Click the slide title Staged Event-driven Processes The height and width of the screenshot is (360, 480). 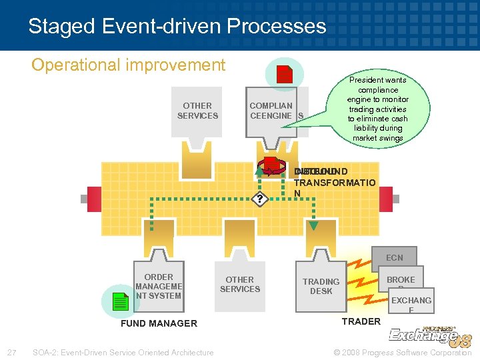click(177, 26)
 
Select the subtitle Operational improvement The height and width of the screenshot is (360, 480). click(129, 65)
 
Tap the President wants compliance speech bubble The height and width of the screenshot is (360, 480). click(377, 109)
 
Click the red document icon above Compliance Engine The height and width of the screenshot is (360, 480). click(285, 74)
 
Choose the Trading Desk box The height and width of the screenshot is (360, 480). click(321, 286)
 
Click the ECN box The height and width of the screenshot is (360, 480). click(394, 257)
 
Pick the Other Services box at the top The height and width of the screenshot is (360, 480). click(197, 111)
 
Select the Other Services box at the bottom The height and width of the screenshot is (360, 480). click(239, 285)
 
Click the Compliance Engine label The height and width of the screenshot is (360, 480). click(271, 111)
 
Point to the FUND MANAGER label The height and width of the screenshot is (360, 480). click(158, 323)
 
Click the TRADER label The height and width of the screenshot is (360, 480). click(361, 321)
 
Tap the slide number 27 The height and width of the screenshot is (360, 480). click(11, 352)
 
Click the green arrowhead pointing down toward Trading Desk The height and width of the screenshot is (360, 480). click(313, 225)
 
